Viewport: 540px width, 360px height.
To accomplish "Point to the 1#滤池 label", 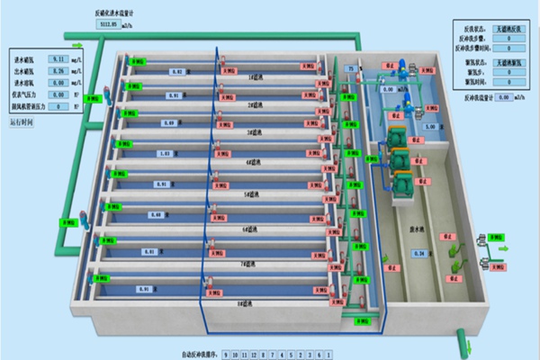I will [x=255, y=77].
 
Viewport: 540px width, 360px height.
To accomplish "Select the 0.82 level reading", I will [x=176, y=71].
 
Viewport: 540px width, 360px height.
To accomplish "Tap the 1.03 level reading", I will [x=164, y=153].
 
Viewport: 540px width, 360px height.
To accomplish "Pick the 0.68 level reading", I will [x=157, y=215].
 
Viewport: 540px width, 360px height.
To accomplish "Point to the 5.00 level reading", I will [x=430, y=127].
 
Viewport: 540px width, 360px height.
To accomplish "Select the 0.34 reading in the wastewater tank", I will [x=418, y=254].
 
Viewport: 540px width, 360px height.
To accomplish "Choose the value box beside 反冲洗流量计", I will [x=505, y=96].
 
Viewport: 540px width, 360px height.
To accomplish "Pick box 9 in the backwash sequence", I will [x=227, y=354].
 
